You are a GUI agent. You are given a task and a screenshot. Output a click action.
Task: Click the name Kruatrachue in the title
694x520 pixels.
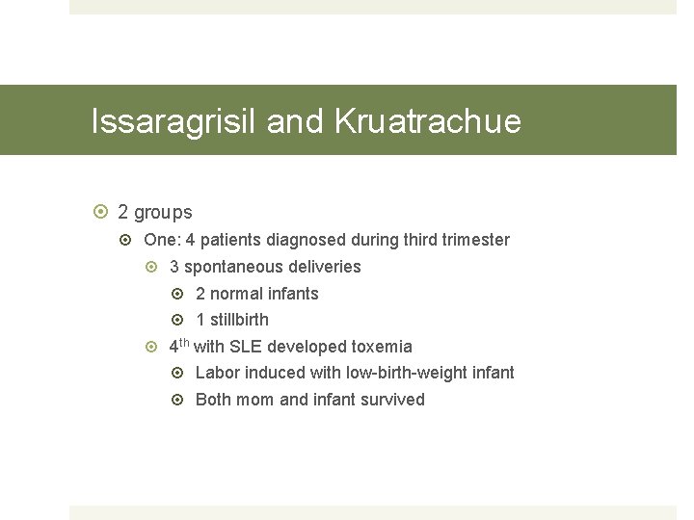tap(428, 121)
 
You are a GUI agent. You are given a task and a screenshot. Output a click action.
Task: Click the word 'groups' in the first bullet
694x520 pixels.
tap(163, 212)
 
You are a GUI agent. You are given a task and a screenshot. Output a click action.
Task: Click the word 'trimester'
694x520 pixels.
tap(475, 240)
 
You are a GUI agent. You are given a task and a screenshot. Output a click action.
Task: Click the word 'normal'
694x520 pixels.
tap(236, 294)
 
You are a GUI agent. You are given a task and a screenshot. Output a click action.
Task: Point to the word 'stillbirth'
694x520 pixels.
tap(239, 320)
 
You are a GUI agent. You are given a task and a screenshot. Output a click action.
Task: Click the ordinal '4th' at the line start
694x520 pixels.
tap(180, 346)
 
